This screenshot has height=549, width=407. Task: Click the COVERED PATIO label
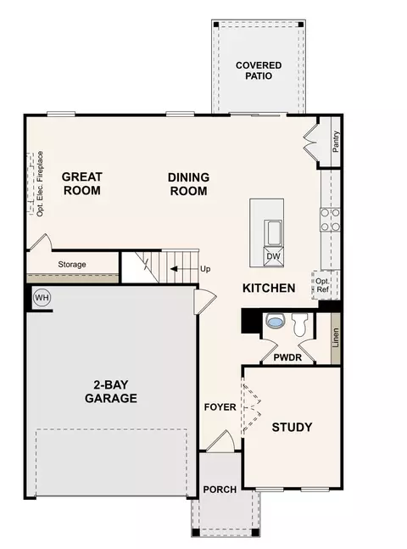(x=259, y=70)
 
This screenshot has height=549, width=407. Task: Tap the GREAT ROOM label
(x=82, y=183)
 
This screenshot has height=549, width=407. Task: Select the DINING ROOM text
(x=188, y=184)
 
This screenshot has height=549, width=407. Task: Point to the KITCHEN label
(x=269, y=288)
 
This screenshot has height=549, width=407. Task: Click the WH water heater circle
(x=42, y=298)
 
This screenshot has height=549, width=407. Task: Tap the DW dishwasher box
(x=273, y=256)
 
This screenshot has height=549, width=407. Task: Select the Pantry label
(x=336, y=142)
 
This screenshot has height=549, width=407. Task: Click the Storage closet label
(x=72, y=265)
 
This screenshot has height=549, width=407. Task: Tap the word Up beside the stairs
(x=205, y=269)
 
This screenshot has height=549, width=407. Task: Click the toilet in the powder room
(x=300, y=325)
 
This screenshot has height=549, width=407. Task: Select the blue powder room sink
(x=274, y=321)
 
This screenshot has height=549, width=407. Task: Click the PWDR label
(x=287, y=357)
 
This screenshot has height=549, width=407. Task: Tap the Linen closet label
(x=336, y=338)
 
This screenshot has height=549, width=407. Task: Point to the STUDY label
(x=292, y=427)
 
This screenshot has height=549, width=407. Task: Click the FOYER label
(x=220, y=407)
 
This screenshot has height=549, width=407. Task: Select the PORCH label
(x=220, y=489)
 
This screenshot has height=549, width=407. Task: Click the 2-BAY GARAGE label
(x=111, y=391)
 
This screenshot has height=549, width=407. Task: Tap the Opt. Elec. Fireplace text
(x=40, y=183)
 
